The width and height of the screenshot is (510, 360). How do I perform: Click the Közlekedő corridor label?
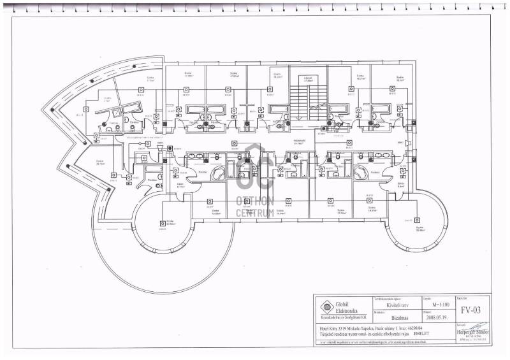(x=297, y=141)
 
